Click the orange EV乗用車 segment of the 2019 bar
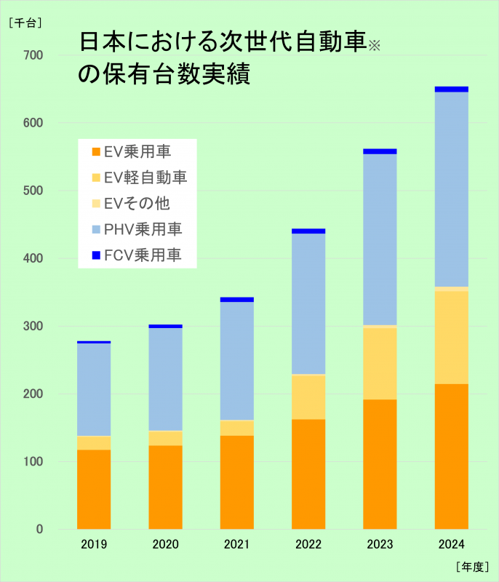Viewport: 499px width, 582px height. point(94,489)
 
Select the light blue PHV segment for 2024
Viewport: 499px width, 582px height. point(451,189)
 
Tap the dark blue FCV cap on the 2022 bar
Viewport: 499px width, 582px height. point(308,231)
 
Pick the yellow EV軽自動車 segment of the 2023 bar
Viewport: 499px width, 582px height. point(380,363)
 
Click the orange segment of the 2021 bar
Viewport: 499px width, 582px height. point(236,482)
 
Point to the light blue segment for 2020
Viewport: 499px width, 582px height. point(165,379)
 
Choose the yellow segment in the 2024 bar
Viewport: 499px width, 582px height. point(451,337)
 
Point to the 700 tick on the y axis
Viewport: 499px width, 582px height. point(33,55)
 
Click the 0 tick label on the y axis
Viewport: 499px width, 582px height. point(39,529)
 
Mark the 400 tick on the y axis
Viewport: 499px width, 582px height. point(33,258)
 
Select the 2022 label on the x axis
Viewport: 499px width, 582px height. point(308,544)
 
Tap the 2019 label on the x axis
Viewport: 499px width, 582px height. point(94,544)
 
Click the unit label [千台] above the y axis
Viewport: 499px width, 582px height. point(25,23)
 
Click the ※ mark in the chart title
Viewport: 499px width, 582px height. point(374,47)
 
